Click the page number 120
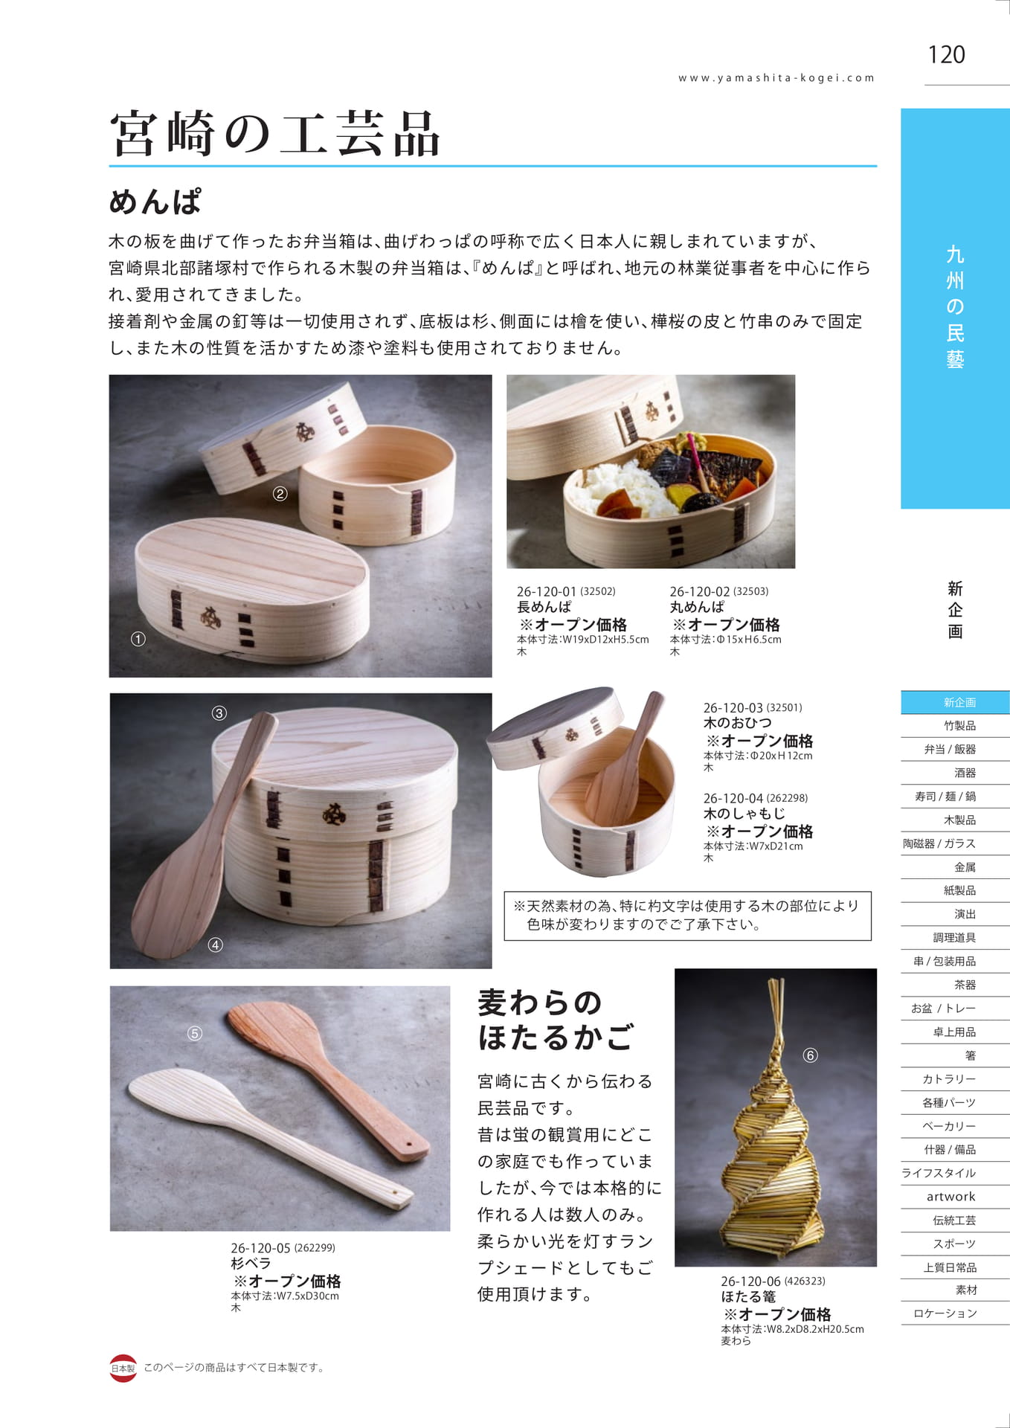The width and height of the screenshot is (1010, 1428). [946, 54]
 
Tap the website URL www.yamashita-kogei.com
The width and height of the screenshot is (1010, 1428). [776, 78]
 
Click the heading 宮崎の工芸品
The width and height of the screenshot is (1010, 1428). [274, 134]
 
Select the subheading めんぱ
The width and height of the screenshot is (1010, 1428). [155, 202]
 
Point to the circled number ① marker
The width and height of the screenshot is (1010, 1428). [138, 639]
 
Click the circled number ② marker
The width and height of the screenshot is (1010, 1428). [280, 494]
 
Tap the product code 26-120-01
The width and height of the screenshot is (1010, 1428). [547, 592]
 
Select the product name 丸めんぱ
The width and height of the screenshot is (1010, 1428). [697, 608]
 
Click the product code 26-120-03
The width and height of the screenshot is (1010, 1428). [733, 708]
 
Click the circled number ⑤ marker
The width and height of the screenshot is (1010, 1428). [195, 1033]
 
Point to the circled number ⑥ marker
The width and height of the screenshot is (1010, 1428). [810, 1055]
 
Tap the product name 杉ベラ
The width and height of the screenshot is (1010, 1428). [251, 1264]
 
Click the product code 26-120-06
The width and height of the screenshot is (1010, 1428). [750, 1281]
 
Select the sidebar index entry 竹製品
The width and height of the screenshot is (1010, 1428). [959, 726]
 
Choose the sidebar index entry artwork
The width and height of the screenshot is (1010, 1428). [951, 1197]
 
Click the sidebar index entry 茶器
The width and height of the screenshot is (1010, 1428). [965, 985]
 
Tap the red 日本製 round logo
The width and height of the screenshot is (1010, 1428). [123, 1368]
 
